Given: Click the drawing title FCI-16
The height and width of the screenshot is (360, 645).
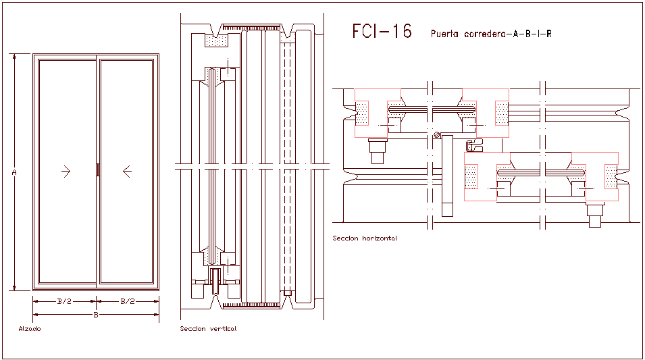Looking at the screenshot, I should [x=382, y=32].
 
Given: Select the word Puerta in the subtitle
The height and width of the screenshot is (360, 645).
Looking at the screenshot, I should [x=444, y=33].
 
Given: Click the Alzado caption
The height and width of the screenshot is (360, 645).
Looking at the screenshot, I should [x=29, y=329].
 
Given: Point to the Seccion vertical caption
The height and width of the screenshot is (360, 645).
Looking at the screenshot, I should [x=208, y=329].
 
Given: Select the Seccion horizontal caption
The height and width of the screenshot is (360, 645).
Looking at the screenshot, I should [x=365, y=238].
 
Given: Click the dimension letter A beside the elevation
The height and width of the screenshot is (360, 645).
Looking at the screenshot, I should [x=14, y=173].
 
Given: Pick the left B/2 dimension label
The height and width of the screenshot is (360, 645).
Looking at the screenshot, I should [x=63, y=301].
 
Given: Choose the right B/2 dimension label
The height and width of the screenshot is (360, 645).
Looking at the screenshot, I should [x=128, y=301].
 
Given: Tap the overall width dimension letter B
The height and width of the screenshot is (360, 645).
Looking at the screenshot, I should [x=96, y=315].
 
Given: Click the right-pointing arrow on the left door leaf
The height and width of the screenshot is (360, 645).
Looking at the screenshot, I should [x=66, y=172].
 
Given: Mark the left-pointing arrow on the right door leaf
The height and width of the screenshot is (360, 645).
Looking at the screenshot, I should [x=127, y=172].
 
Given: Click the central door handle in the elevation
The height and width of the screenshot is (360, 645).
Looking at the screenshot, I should [x=97, y=170].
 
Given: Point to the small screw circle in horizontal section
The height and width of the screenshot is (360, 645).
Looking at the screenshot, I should [x=437, y=135].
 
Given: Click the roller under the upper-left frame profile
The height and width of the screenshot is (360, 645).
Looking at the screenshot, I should [x=377, y=151].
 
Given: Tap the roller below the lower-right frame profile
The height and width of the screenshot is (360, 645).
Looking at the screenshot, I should [x=595, y=215].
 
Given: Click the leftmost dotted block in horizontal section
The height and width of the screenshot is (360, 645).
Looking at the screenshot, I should [x=362, y=113].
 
